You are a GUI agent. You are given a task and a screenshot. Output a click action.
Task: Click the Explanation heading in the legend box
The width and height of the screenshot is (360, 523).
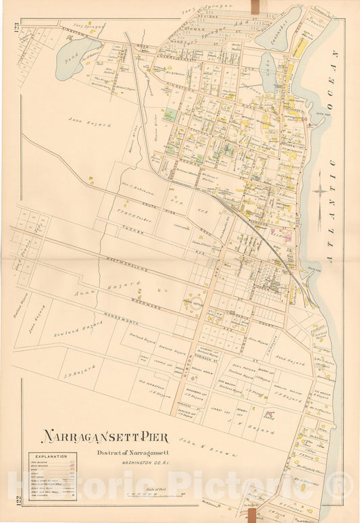pos(51,457)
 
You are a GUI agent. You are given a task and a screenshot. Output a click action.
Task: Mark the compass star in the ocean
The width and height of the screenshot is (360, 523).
pos(319,191)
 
